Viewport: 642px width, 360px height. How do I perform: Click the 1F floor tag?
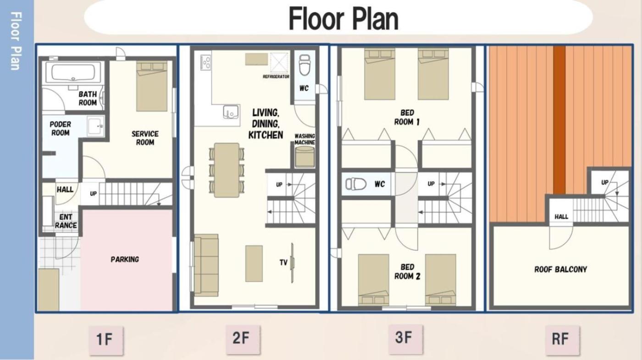(106, 340)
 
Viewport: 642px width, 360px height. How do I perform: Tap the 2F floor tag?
(243, 338)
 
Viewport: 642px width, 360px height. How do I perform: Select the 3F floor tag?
(405, 338)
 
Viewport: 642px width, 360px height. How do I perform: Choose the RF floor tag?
(562, 339)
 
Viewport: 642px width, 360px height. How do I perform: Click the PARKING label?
(125, 260)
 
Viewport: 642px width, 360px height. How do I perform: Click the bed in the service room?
(152, 86)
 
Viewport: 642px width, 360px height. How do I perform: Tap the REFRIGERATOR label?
(276, 77)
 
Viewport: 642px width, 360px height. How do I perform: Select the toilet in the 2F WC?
(304, 65)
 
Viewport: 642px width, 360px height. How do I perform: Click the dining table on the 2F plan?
(227, 170)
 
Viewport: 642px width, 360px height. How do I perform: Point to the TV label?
(283, 262)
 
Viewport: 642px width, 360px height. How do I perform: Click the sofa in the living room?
(206, 266)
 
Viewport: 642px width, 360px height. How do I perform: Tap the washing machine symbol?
(305, 157)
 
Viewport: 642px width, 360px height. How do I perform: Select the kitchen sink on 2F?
(231, 112)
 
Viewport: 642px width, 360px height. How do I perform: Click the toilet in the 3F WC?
(356, 184)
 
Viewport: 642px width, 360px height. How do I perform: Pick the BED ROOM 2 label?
(407, 271)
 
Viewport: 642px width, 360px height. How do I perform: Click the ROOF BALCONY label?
(560, 270)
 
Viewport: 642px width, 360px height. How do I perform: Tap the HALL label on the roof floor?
(561, 216)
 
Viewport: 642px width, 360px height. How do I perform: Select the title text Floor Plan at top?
(343, 19)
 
